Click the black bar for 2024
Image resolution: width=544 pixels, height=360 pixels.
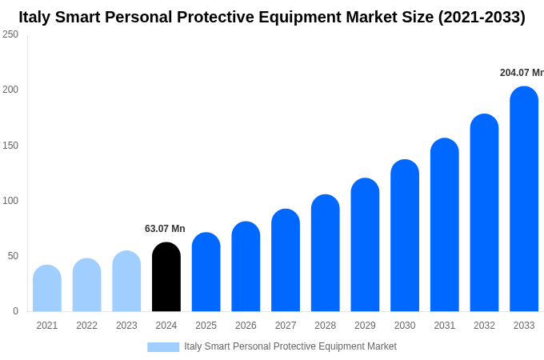[166, 277]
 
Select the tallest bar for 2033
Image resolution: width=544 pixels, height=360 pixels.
[524, 199]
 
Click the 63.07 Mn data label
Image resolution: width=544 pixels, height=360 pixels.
[165, 229]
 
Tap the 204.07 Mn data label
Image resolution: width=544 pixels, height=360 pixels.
[522, 73]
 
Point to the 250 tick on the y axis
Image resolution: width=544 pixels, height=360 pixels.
[10, 34]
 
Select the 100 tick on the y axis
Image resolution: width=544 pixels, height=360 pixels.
[10, 201]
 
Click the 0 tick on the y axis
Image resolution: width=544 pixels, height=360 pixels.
[15, 311]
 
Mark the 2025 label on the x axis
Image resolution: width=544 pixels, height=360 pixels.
[206, 326]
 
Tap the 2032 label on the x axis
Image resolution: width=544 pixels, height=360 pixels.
[484, 326]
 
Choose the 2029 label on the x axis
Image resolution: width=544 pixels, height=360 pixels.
[365, 326]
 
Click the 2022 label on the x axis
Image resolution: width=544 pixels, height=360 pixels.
[86, 326]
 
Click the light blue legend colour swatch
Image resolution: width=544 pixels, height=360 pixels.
[163, 346]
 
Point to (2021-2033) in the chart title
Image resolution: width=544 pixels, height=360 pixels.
[482, 17]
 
